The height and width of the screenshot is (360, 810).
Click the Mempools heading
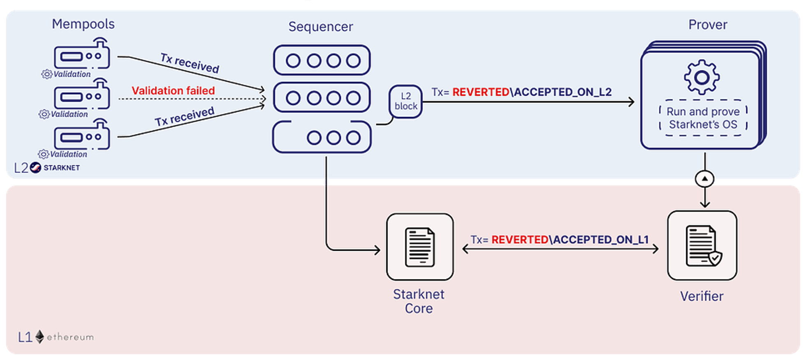pyautogui.click(x=83, y=24)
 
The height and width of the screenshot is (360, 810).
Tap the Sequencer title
pyautogui.click(x=321, y=27)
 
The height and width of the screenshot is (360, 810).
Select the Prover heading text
pyautogui.click(x=708, y=25)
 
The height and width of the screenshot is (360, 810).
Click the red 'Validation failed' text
pyautogui.click(x=173, y=91)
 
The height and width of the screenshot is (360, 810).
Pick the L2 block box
pyautogui.click(x=406, y=102)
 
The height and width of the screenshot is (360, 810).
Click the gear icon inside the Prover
pyautogui.click(x=702, y=77)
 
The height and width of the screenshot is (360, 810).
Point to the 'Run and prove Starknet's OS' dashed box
pyautogui.click(x=703, y=118)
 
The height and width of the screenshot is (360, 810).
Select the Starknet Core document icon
pyautogui.click(x=420, y=247)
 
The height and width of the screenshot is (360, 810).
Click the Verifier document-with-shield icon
pyautogui.click(x=703, y=246)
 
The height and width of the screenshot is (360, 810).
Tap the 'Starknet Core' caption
pyautogui.click(x=419, y=301)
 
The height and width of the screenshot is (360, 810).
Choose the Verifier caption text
pyautogui.click(x=701, y=296)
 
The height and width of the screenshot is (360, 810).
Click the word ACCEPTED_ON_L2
pyautogui.click(x=563, y=92)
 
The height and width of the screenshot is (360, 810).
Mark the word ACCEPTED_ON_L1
pyautogui.click(x=601, y=240)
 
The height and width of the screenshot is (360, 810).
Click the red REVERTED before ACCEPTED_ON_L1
pyautogui.click(x=520, y=240)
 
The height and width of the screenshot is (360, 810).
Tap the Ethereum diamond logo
pyautogui.click(x=39, y=337)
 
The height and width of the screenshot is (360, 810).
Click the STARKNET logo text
pyautogui.click(x=62, y=168)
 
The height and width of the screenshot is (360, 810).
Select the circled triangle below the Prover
pyautogui.click(x=705, y=179)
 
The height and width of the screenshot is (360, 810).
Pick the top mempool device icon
pyautogui.click(x=82, y=55)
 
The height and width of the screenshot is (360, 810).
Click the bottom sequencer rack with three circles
pyautogui.click(x=322, y=137)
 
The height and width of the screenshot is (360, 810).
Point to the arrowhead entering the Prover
pyautogui.click(x=631, y=102)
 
